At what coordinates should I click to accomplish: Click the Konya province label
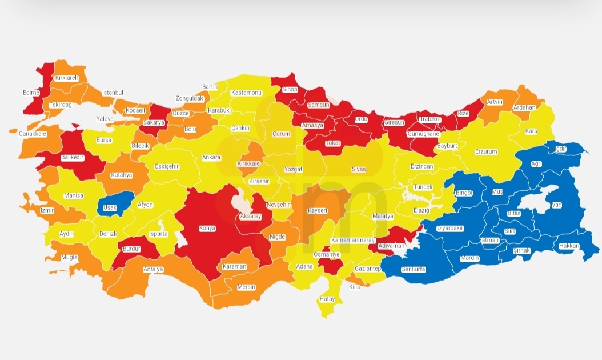207,229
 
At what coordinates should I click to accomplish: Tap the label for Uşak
109,208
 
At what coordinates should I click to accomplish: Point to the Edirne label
31,93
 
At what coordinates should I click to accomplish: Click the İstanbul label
113,93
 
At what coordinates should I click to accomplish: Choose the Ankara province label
211,157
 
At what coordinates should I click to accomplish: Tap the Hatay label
327,299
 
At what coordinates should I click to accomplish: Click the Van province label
556,205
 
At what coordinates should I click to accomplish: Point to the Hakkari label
568,246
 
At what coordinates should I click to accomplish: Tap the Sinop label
290,90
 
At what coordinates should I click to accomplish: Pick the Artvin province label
494,102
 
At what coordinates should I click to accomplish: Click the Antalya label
153,269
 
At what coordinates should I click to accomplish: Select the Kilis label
355,287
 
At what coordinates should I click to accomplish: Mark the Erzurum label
486,152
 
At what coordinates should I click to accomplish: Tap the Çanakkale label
32,134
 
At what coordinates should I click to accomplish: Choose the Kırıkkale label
248,164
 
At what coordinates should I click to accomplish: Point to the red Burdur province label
131,249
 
